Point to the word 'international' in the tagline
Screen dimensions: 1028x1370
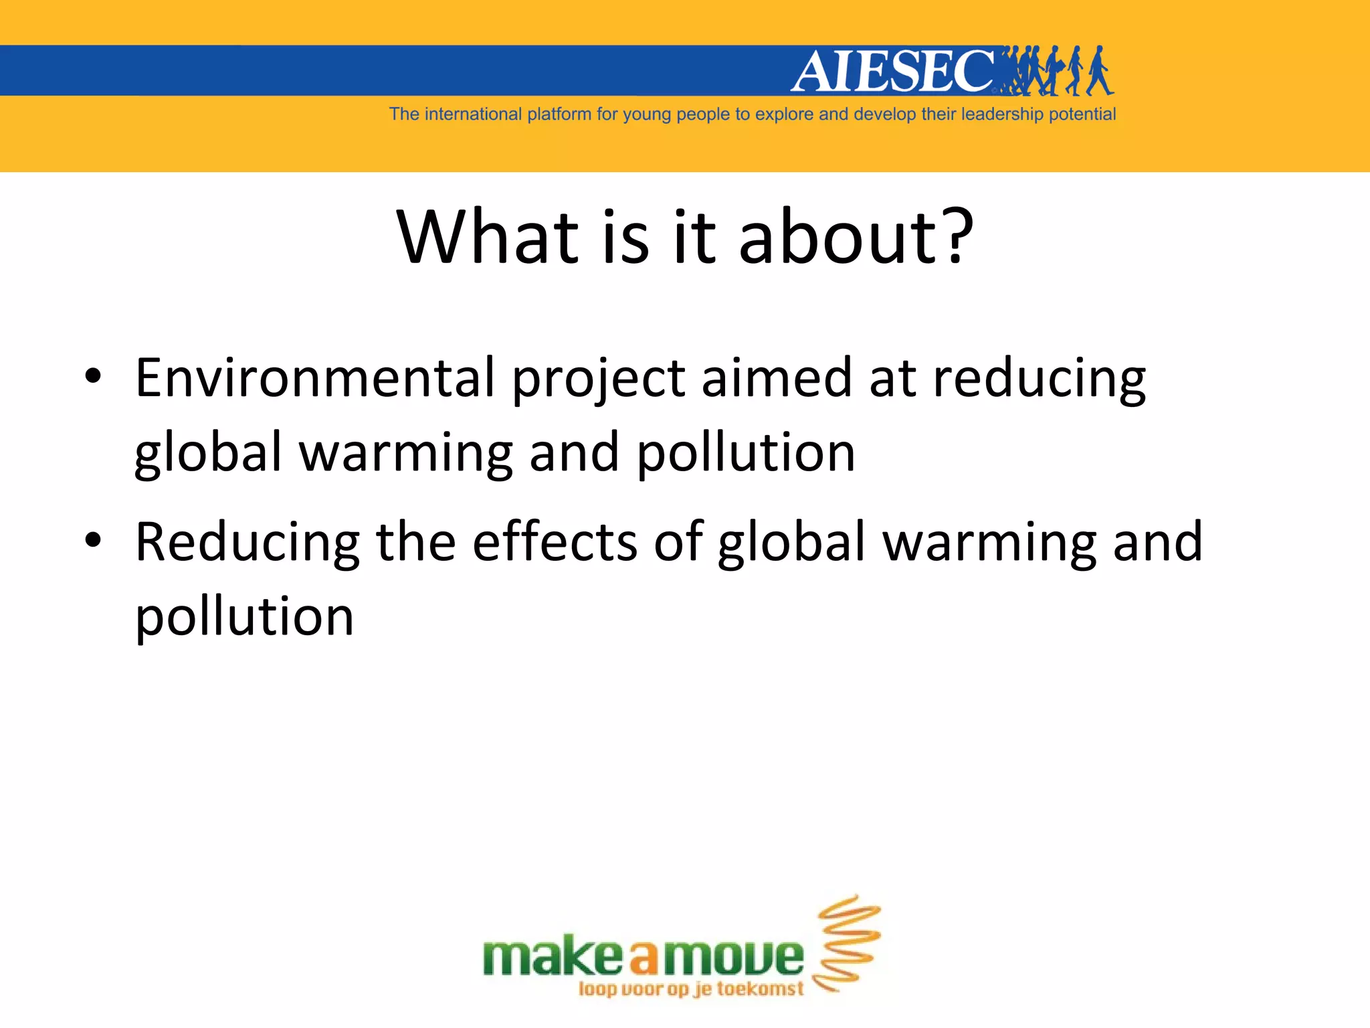coord(473,114)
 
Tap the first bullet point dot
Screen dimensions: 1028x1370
coord(93,376)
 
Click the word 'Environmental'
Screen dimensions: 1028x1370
coord(315,378)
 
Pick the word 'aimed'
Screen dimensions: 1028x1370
coord(776,378)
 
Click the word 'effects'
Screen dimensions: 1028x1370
coord(555,541)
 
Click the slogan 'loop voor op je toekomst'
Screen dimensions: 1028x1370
coord(690,989)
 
